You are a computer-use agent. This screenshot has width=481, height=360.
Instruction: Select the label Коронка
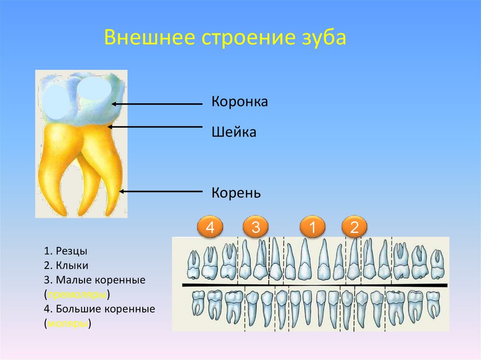240,102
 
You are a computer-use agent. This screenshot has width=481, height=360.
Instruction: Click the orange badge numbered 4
210,228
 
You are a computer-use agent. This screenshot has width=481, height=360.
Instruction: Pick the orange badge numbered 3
256,228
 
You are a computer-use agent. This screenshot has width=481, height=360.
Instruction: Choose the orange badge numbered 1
312,228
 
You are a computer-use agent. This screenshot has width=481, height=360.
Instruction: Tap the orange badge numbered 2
355,228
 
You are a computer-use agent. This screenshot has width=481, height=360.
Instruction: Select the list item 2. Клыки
67,265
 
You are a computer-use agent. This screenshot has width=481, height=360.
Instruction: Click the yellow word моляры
68,324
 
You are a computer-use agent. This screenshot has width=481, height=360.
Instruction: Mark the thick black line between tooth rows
315,285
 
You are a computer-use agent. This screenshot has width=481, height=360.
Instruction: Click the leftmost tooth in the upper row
192,265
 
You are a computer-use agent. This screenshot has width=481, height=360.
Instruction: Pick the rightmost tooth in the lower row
433,305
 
